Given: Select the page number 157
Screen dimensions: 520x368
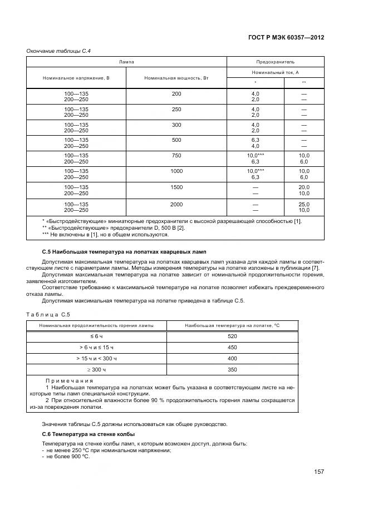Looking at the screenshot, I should coord(318,472).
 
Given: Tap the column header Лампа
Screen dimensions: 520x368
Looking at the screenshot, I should coord(126,62).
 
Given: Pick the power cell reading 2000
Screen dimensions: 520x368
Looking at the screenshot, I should coord(176,205).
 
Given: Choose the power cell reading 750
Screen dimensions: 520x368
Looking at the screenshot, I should coord(176,156).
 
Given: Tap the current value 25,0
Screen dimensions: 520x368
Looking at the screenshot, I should coord(304,205).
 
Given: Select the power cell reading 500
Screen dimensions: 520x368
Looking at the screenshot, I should coord(176,140).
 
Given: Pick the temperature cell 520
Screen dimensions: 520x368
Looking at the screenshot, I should coord(233,336).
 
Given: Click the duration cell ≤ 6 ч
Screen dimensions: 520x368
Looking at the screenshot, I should coord(96,336).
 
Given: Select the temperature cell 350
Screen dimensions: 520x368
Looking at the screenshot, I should coord(233,369).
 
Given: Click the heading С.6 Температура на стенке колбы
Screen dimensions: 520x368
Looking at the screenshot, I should coord(89,433).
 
